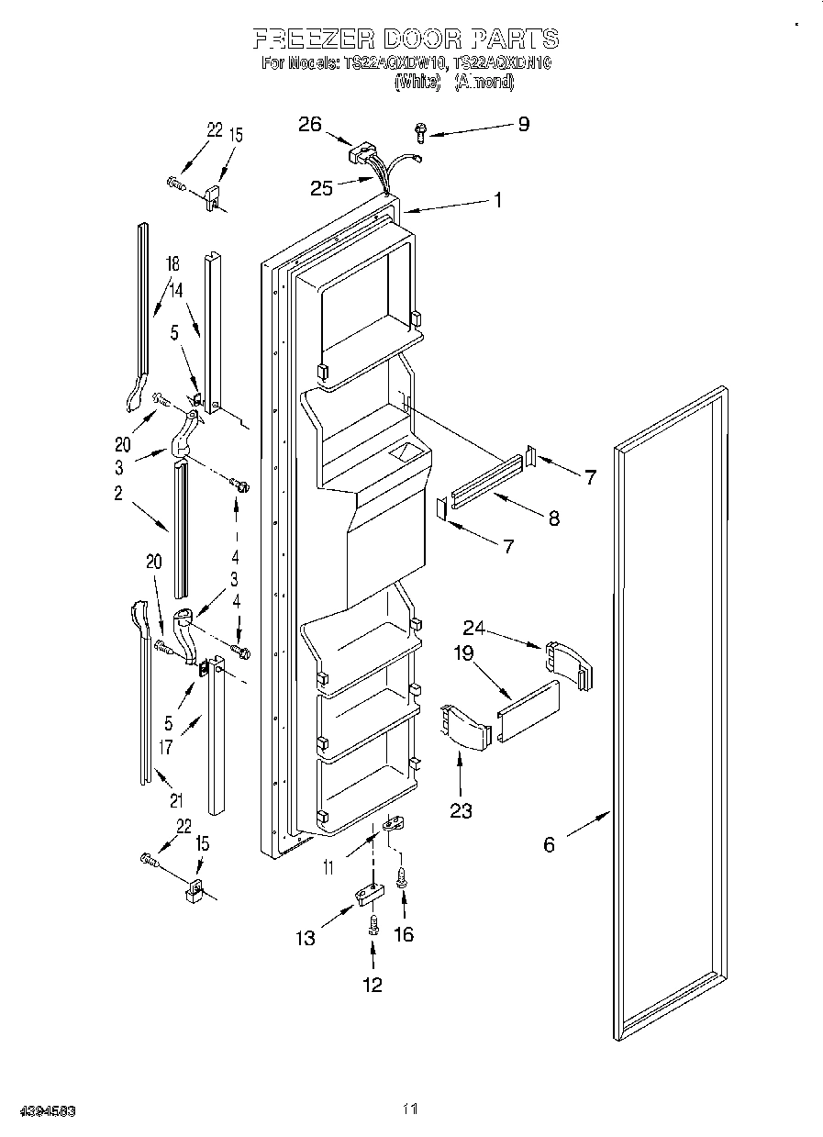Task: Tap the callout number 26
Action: pyautogui.click(x=310, y=125)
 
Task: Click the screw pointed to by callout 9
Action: pyautogui.click(x=420, y=133)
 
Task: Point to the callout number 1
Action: pyautogui.click(x=498, y=200)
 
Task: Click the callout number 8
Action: pyautogui.click(x=553, y=518)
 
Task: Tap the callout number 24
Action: pyautogui.click(x=473, y=629)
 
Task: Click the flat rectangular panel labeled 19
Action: pyautogui.click(x=528, y=710)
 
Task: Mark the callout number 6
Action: pyautogui.click(x=549, y=844)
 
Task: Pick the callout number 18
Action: pyautogui.click(x=172, y=265)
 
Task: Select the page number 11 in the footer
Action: pyautogui.click(x=410, y=1109)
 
